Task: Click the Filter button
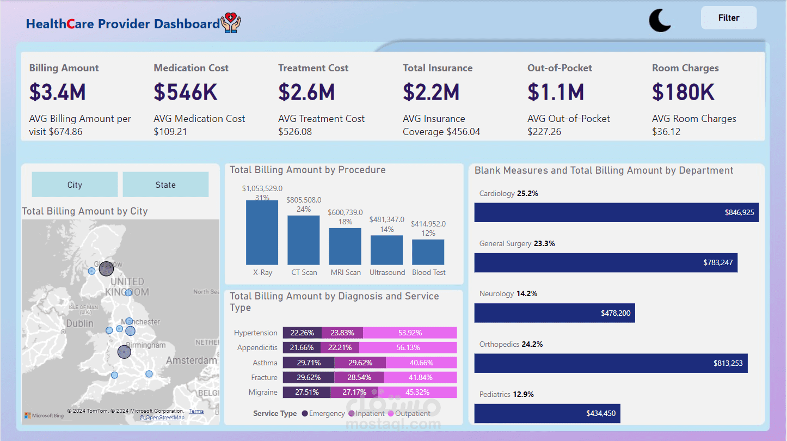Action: (x=728, y=17)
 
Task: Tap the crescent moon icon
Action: (x=659, y=21)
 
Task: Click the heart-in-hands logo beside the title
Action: (x=231, y=23)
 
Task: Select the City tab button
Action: (x=75, y=185)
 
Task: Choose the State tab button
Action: (x=165, y=185)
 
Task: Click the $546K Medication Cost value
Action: (x=186, y=92)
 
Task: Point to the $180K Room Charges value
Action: (x=684, y=92)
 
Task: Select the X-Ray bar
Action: (x=262, y=232)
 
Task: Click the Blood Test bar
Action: (x=428, y=252)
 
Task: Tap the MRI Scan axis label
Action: (x=346, y=272)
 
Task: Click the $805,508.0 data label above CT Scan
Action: (x=304, y=200)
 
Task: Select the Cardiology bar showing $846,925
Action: (x=617, y=212)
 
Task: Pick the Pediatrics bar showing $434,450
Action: (x=547, y=413)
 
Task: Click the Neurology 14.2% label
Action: (x=508, y=294)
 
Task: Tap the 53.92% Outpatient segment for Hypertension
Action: (x=410, y=333)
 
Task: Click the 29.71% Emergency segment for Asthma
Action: (x=309, y=363)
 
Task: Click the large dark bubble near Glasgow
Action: (x=106, y=269)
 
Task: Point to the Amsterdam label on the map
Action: (x=192, y=360)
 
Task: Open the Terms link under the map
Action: (x=196, y=411)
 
